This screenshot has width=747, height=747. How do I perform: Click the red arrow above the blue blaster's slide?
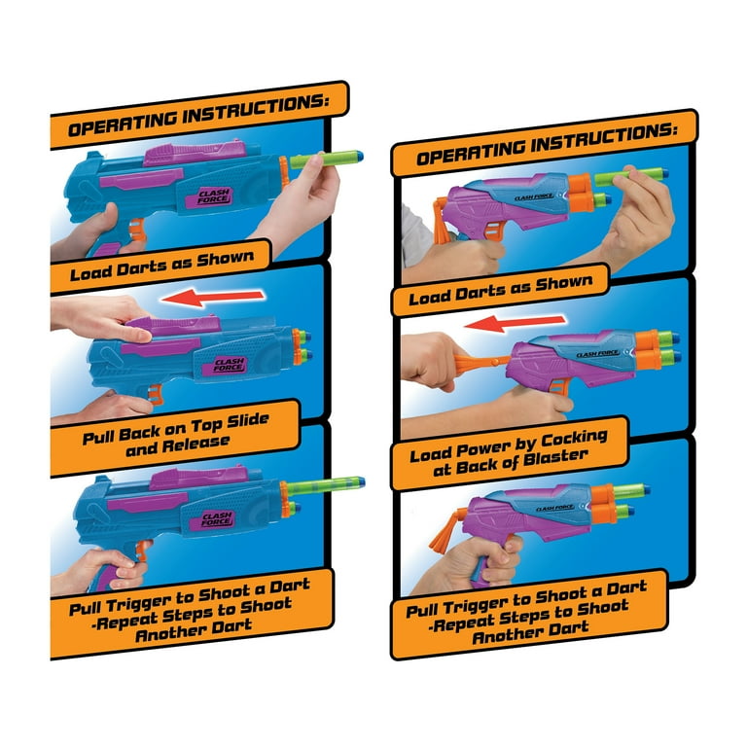pyautogui.click(x=212, y=298)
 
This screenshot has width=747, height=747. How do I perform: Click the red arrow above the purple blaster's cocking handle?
pyautogui.click(x=515, y=324)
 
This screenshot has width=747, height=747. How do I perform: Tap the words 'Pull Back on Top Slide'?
pyautogui.click(x=176, y=428)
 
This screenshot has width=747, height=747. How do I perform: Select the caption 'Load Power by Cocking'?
pyautogui.click(x=509, y=446)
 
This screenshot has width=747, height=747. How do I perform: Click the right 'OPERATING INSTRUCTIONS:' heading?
pyautogui.click(x=547, y=144)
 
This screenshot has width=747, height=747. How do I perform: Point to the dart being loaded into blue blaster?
pyautogui.click(x=327, y=160)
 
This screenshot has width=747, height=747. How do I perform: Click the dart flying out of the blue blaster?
pyautogui.click(x=326, y=486)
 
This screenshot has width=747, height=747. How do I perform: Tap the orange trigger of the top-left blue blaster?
pyautogui.click(x=136, y=231)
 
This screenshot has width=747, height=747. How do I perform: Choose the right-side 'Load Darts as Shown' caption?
pyautogui.click(x=501, y=290)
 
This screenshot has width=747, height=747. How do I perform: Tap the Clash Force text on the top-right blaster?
pyautogui.click(x=534, y=196)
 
